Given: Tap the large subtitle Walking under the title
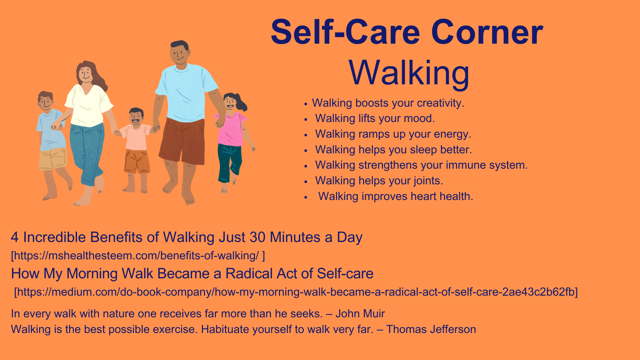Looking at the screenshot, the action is [x=409, y=73].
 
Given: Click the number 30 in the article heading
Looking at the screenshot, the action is [x=258, y=237].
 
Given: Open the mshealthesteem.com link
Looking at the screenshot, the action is [x=138, y=256].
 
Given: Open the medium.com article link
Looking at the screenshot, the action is [x=296, y=292].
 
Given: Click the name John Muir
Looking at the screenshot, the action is [x=360, y=314].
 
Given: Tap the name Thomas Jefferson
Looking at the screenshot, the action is [x=431, y=329].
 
